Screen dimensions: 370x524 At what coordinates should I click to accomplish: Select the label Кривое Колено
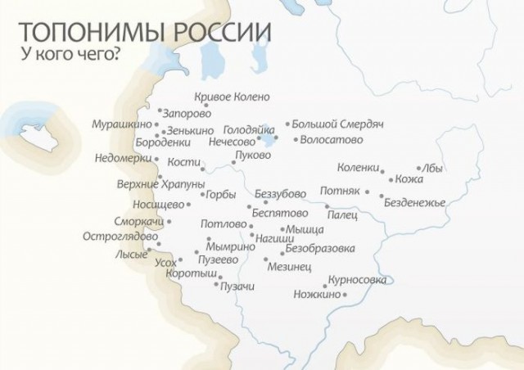[x=233, y=97]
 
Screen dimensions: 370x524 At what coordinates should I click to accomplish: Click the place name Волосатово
[x=332, y=139]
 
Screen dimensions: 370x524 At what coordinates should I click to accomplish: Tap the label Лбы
[x=435, y=169]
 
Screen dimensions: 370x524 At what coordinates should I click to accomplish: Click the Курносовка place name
[x=357, y=279]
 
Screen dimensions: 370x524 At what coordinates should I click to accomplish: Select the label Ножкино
[x=315, y=293]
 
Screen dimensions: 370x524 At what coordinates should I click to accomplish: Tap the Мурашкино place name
[x=122, y=124]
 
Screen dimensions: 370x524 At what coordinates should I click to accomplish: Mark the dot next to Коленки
[x=382, y=171]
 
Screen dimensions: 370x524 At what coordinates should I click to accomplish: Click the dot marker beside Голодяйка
[x=276, y=138]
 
